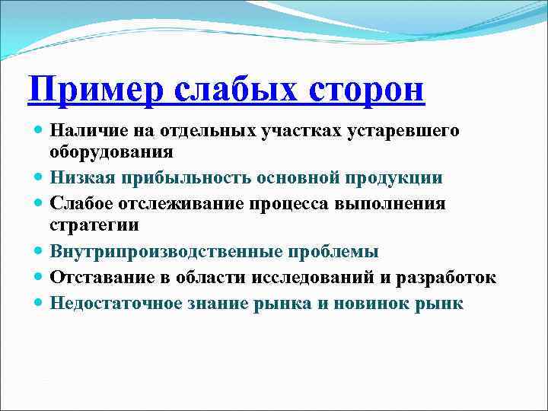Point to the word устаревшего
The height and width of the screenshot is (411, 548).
click(403, 131)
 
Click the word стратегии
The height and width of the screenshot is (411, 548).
click(94, 225)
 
